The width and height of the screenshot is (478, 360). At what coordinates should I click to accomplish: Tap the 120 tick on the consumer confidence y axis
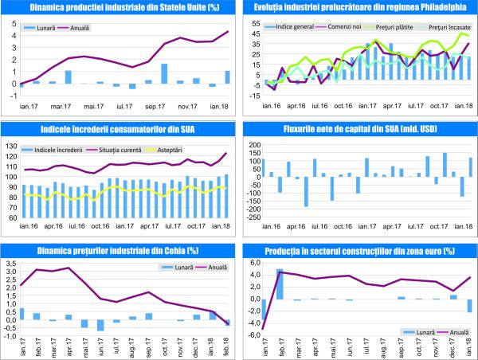click(x=11, y=156)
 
